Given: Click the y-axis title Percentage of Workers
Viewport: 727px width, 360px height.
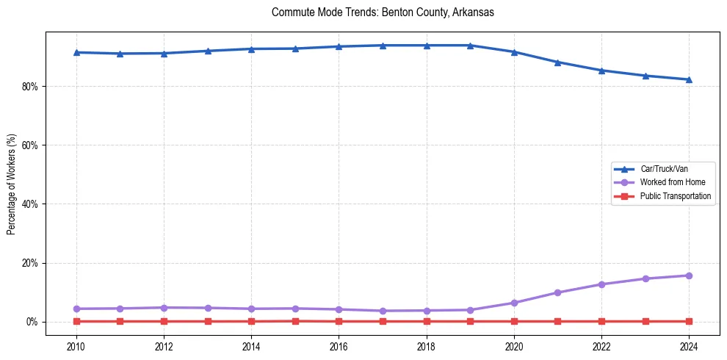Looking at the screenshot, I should pyautogui.click(x=12, y=184).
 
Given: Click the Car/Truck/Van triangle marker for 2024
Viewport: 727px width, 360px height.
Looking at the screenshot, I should pyautogui.click(x=689, y=79).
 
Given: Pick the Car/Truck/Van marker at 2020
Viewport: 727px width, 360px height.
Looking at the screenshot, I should pyautogui.click(x=514, y=52).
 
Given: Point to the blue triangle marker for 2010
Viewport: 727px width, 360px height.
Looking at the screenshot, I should pyautogui.click(x=76, y=52).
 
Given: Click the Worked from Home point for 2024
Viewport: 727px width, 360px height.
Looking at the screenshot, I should pyautogui.click(x=689, y=276).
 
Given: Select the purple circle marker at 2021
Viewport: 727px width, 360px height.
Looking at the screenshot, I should pyautogui.click(x=557, y=292).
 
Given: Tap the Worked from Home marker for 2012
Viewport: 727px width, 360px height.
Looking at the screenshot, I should pyautogui.click(x=164, y=308).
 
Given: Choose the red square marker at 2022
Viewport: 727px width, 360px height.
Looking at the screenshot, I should pyautogui.click(x=601, y=321).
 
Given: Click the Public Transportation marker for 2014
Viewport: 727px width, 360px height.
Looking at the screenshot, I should pyautogui.click(x=251, y=321).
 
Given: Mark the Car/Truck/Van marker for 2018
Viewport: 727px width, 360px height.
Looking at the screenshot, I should pyautogui.click(x=427, y=46).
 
